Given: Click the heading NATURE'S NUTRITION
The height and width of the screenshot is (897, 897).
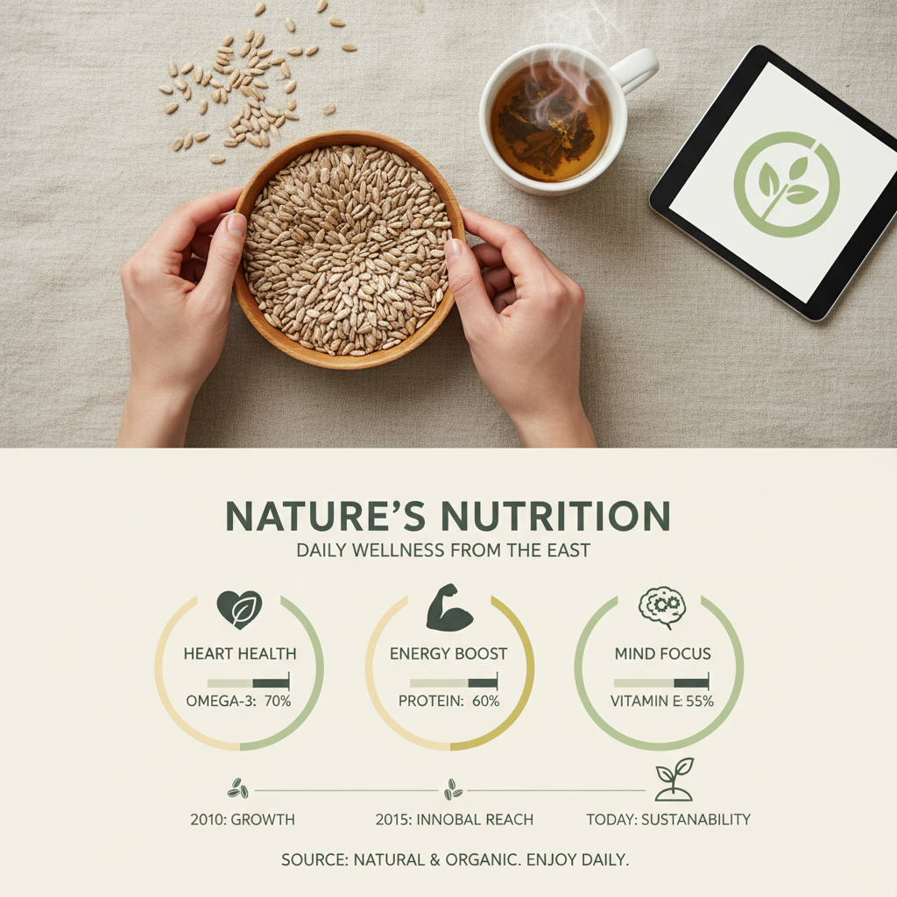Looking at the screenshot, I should pyautogui.click(x=448, y=517).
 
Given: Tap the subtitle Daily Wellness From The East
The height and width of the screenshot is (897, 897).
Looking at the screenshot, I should pyautogui.click(x=443, y=551).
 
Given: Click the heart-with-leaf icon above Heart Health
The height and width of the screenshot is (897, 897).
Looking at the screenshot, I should pyautogui.click(x=239, y=609).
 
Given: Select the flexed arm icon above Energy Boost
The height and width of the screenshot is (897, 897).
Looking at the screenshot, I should pyautogui.click(x=448, y=608).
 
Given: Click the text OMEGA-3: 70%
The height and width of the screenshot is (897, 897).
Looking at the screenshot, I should pyautogui.click(x=238, y=701).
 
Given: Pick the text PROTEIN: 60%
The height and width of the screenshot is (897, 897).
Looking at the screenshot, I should pyautogui.click(x=448, y=701).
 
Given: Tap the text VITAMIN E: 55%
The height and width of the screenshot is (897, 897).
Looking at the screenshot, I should pyautogui.click(x=662, y=701).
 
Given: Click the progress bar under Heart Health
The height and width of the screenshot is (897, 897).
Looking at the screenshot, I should pyautogui.click(x=248, y=682).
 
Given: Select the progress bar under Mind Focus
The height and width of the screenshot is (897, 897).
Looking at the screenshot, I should pyautogui.click(x=661, y=682).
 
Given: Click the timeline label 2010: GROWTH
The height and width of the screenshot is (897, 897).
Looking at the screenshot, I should pyautogui.click(x=242, y=820).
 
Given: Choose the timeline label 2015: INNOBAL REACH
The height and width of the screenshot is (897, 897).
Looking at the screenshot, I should pyautogui.click(x=454, y=820).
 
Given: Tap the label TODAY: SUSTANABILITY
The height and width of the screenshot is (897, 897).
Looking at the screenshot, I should pyautogui.click(x=668, y=820).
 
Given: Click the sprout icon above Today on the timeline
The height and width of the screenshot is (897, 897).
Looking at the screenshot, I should pyautogui.click(x=674, y=780).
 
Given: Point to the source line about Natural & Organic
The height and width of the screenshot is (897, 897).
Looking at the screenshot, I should pyautogui.click(x=455, y=860).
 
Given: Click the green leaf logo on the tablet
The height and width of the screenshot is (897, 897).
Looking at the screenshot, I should pyautogui.click(x=786, y=185).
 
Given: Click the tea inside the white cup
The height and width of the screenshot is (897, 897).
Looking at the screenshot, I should pyautogui.click(x=550, y=123).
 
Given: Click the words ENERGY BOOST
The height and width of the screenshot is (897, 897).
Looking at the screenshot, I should pyautogui.click(x=448, y=653).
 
